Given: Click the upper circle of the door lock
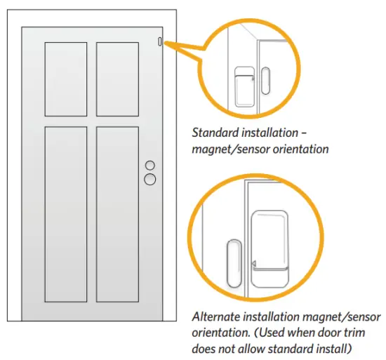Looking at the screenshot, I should point(149,166).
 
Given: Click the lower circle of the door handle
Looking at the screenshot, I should point(149,179).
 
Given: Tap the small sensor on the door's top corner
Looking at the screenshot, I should point(160,41).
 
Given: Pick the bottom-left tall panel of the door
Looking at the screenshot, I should point(67,213).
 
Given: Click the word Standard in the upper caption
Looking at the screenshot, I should point(215,132).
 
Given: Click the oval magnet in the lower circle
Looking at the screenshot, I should point(232,261).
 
